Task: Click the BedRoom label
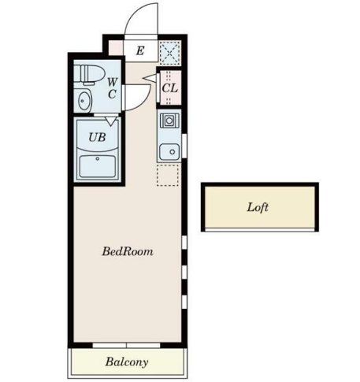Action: (x=128, y=251)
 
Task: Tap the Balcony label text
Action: (x=127, y=362)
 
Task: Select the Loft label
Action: (x=258, y=207)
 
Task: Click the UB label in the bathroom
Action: (x=97, y=137)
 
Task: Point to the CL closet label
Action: (x=169, y=88)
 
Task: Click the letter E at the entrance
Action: (x=140, y=50)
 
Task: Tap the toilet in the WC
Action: (x=89, y=74)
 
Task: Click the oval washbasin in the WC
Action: (x=84, y=101)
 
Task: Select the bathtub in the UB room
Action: (x=98, y=166)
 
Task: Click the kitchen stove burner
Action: (x=169, y=121)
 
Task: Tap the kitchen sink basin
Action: (x=169, y=152)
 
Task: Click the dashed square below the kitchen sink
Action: (x=168, y=176)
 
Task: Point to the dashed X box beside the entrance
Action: (x=170, y=53)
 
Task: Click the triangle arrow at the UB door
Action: (x=111, y=121)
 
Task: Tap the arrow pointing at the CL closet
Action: (x=150, y=78)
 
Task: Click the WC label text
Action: (x=112, y=88)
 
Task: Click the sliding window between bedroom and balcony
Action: (x=126, y=345)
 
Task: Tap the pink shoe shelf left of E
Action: (x=116, y=48)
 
